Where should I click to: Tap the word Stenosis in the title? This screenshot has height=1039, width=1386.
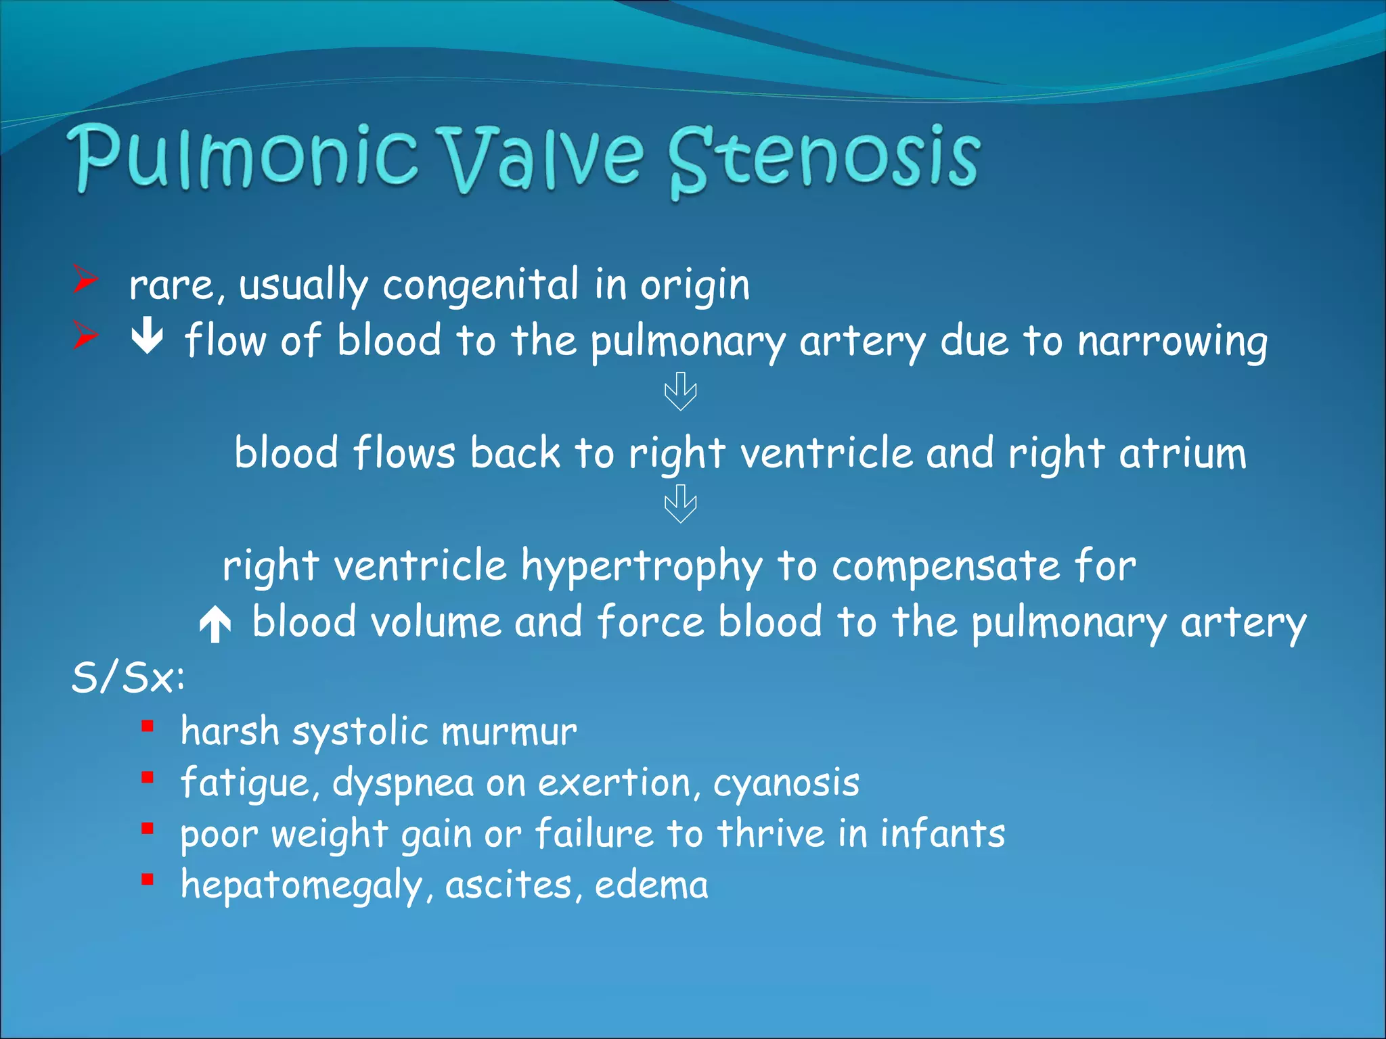pyautogui.click(x=824, y=159)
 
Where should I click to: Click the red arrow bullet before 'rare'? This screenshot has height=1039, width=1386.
pyautogui.click(x=86, y=279)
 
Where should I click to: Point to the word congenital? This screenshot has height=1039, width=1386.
pyautogui.click(x=480, y=285)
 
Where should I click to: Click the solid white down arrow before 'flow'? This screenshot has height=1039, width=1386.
pyautogui.click(x=147, y=337)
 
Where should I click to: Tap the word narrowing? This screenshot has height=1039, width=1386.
pyautogui.click(x=1172, y=342)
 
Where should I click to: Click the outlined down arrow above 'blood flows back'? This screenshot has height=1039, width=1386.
pyautogui.click(x=680, y=392)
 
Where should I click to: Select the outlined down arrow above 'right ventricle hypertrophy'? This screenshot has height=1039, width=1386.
pyautogui.click(x=680, y=504)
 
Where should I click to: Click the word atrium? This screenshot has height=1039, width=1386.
pyautogui.click(x=1182, y=453)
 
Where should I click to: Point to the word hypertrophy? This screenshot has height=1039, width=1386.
pyautogui.click(x=642, y=567)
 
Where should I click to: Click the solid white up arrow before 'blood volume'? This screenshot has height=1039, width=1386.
pyautogui.click(x=215, y=624)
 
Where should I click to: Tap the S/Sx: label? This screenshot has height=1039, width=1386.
pyautogui.click(x=128, y=677)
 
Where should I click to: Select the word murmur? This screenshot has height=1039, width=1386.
pyautogui.click(x=509, y=733)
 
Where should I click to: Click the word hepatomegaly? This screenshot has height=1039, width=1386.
pyautogui.click(x=302, y=886)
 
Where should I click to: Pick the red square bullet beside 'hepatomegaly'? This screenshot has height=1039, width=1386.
pyautogui.click(x=148, y=880)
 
